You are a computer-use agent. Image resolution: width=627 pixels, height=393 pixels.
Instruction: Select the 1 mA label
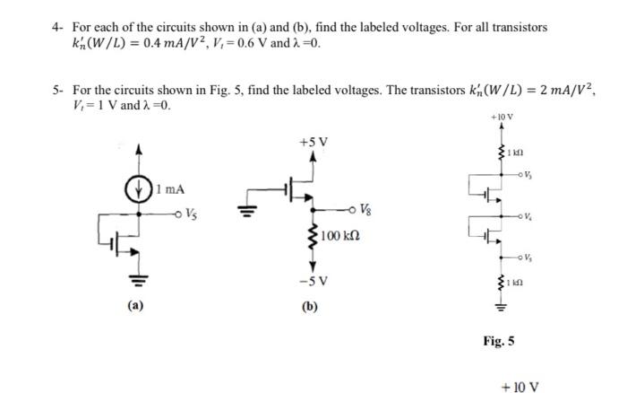(170, 189)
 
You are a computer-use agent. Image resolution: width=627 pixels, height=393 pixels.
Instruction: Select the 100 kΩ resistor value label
(339, 237)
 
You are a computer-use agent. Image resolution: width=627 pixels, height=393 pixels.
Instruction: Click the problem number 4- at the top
(56, 28)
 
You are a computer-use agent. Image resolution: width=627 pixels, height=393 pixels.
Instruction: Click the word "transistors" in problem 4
(512, 28)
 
